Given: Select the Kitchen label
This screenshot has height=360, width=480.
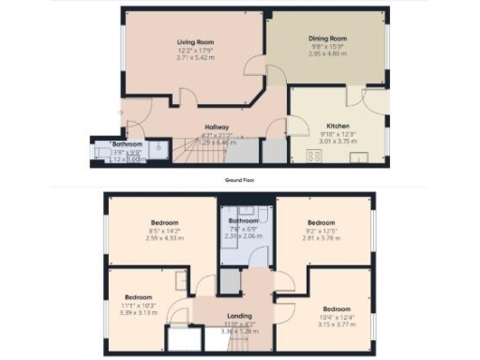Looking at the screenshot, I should pos(337,125).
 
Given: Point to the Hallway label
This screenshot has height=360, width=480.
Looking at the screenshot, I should pos(217,127).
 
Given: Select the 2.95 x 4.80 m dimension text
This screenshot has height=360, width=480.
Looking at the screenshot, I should pos(327,54).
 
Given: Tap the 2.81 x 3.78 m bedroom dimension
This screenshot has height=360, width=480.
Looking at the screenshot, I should pos(322,237).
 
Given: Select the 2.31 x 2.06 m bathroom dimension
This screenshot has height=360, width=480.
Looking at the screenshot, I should pos(243,236).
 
